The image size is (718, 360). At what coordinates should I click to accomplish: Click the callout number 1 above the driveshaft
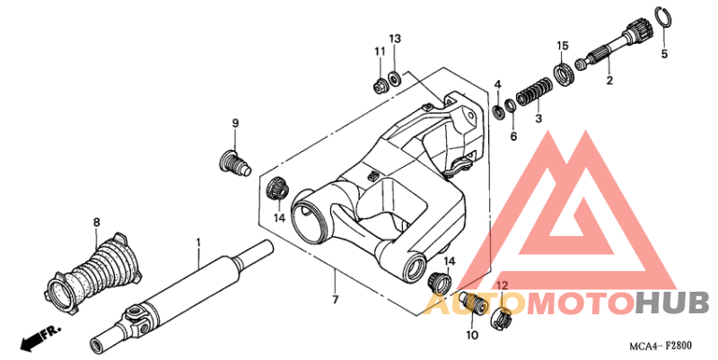198,241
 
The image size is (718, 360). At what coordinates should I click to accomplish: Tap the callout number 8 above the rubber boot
96,222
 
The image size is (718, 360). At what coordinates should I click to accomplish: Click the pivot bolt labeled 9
233,163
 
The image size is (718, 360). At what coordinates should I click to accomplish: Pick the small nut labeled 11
380,85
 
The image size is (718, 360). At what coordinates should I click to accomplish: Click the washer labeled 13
394,79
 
